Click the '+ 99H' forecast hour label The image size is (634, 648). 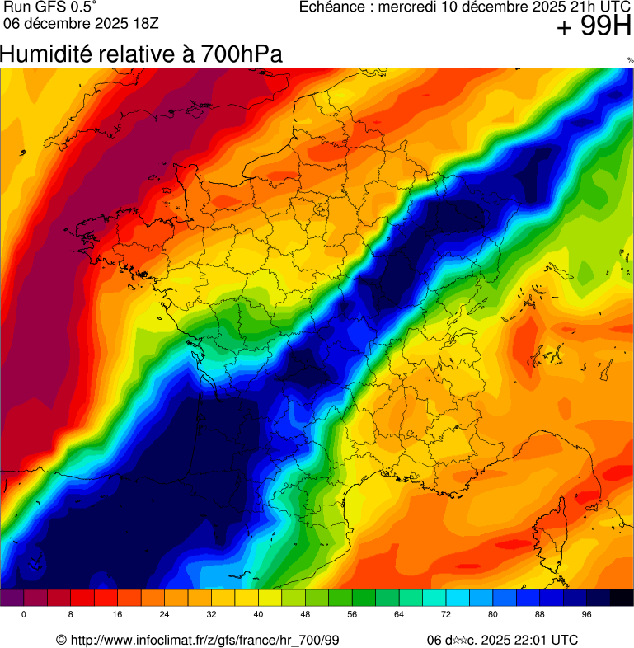(x=594, y=27)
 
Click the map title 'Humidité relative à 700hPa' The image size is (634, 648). (x=141, y=54)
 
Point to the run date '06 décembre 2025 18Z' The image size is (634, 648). (x=81, y=22)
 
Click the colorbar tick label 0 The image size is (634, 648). (x=24, y=615)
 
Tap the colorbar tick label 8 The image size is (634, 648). (x=71, y=615)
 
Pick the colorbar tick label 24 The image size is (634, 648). (x=165, y=615)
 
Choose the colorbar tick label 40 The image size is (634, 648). (x=258, y=615)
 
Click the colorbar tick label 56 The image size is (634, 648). (x=352, y=615)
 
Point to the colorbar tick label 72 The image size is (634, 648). (x=446, y=615)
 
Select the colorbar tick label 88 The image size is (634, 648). (x=539, y=615)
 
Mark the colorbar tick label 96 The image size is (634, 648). (x=586, y=615)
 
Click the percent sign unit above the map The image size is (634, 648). (x=630, y=60)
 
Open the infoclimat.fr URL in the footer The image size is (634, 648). (x=205, y=640)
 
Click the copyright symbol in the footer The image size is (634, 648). (x=61, y=640)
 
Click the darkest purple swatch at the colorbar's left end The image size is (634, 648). (x=12, y=599)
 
